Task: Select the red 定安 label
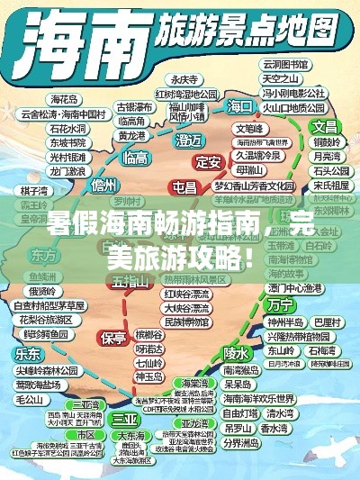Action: point(209,162)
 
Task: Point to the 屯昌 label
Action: point(184,186)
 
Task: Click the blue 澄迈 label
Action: point(189,140)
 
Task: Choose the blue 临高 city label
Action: point(136,158)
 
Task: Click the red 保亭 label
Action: point(114,338)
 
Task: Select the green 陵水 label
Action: point(236,352)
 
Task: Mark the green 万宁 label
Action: point(280,305)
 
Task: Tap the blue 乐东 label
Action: point(28,353)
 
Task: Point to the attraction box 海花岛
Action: point(65,99)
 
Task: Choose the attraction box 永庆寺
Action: point(184,78)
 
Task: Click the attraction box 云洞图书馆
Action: point(285,65)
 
